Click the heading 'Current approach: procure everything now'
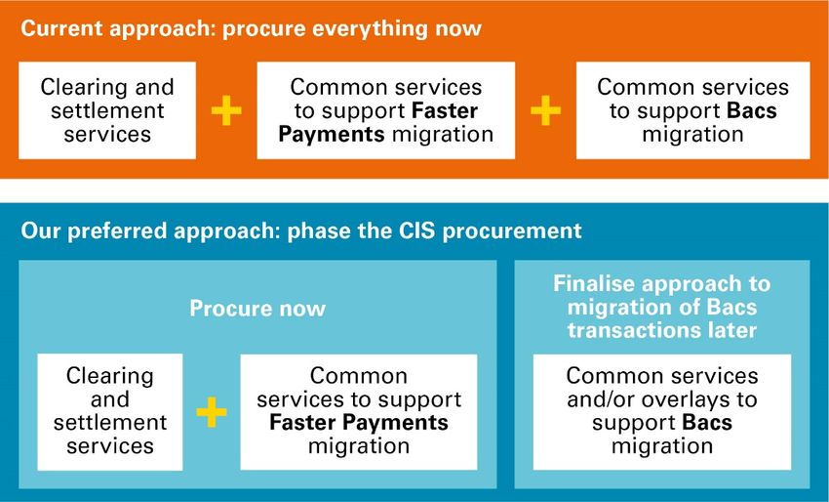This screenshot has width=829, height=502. tap(251, 27)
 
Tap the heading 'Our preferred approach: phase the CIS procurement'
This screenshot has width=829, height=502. tap(300, 231)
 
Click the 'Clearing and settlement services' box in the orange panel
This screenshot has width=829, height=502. tap(106, 109)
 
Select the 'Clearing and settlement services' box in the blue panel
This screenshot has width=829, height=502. tap(110, 410)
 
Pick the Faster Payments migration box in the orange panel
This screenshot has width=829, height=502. tap(385, 109)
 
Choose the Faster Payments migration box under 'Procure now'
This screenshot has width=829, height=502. tap(359, 410)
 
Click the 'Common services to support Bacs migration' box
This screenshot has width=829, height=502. tap(692, 109)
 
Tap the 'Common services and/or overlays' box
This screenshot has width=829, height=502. tap(662, 410)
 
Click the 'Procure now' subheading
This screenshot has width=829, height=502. tap(257, 309)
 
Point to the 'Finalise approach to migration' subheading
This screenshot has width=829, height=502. tap(662, 307)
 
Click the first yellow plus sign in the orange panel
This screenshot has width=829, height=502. tap(226, 110)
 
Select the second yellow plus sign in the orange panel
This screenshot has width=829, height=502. tap(545, 110)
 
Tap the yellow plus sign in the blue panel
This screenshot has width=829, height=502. tap(212, 411)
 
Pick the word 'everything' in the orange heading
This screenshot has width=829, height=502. tap(376, 27)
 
